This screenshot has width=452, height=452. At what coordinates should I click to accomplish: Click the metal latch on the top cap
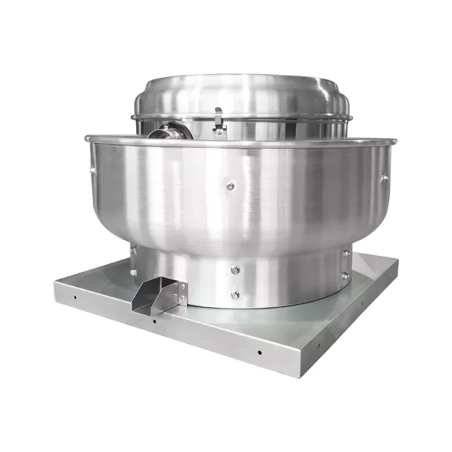pos(219,121)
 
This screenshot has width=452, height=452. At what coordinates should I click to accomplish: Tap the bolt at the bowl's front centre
pos(231,186)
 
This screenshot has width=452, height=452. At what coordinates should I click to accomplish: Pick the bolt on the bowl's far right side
pos(384,178)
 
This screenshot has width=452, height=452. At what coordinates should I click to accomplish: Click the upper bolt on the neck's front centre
pos(235,270)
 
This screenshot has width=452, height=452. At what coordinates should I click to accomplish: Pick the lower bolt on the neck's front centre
pos(235,295)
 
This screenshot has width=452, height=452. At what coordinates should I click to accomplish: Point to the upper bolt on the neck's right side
pos(346,254)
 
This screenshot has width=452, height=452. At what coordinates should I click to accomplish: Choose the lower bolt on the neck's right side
pos(345,276)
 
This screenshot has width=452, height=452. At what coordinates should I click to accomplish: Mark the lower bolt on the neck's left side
pos(133,272)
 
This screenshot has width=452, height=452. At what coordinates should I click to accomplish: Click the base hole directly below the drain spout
pos(154,321)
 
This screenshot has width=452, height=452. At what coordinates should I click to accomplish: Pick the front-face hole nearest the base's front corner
pos(259,353)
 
